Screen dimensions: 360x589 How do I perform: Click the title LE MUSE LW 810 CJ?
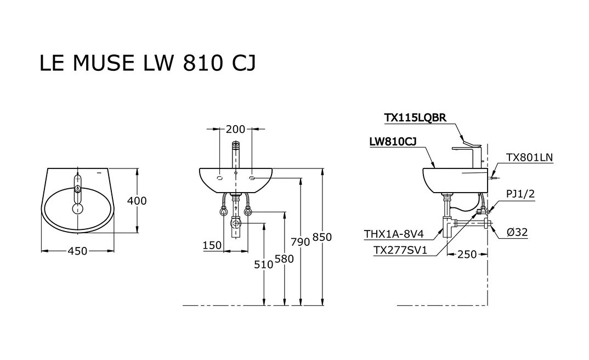pos(147,63)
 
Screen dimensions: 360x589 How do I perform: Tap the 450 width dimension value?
pos(77,251)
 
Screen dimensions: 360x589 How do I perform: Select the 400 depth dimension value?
pos(137,201)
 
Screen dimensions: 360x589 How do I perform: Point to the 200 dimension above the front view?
pos(235,130)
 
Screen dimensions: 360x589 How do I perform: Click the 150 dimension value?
pos(212,245)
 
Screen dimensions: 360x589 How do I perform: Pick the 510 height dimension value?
pos(264,265)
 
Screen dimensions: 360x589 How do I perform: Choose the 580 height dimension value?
pos(284,258)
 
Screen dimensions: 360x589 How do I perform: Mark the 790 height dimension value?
pos(301,241)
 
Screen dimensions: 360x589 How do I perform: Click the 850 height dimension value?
pos(322,237)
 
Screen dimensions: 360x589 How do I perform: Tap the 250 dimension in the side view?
pos(467,255)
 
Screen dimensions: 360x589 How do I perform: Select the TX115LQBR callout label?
pos(415,117)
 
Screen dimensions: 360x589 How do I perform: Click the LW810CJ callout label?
pos(393,142)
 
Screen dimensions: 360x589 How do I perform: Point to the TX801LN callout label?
pos(529,157)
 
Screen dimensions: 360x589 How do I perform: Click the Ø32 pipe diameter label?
pos(517,232)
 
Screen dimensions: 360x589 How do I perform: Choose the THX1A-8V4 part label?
pos(394,234)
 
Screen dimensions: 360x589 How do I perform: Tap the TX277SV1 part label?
pos(400,251)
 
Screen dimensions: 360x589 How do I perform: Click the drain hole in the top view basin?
pos(77,209)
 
